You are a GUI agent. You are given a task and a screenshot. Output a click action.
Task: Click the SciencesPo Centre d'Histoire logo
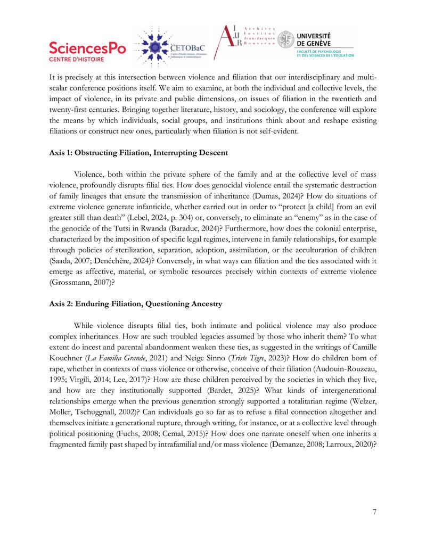click(87, 51)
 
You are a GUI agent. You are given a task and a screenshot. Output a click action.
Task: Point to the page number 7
click(374, 512)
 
